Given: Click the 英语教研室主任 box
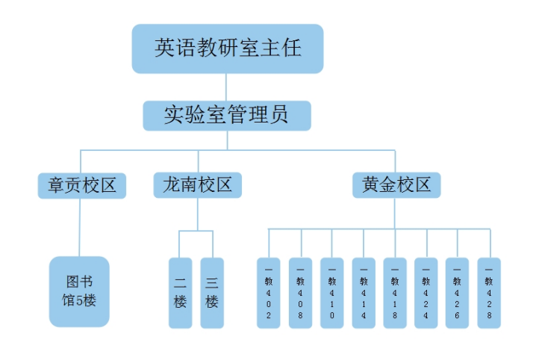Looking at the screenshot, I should pyautogui.click(x=228, y=49).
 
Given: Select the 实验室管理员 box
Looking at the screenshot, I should pyautogui.click(x=227, y=115).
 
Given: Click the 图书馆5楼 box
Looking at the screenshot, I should pyautogui.click(x=79, y=291).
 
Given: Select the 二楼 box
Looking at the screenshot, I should pyautogui.click(x=180, y=293).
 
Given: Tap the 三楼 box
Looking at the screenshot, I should pyautogui.click(x=212, y=293).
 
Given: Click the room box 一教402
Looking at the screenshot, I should pyautogui.click(x=269, y=293).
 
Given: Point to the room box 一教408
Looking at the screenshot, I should pyautogui.click(x=300, y=293).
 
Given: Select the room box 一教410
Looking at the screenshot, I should pyautogui.click(x=332, y=293).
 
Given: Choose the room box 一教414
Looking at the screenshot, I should pyautogui.click(x=364, y=293).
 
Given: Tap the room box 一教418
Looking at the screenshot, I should pyautogui.click(x=395, y=293).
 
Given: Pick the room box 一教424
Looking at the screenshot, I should pyautogui.click(x=426, y=293).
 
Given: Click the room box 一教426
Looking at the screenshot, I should pyautogui.click(x=458, y=293).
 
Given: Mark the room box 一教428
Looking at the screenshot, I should pyautogui.click(x=489, y=293).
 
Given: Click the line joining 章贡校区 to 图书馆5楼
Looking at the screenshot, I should pyautogui.click(x=79, y=228).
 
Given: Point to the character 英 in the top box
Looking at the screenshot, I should pyautogui.click(x=165, y=49).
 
